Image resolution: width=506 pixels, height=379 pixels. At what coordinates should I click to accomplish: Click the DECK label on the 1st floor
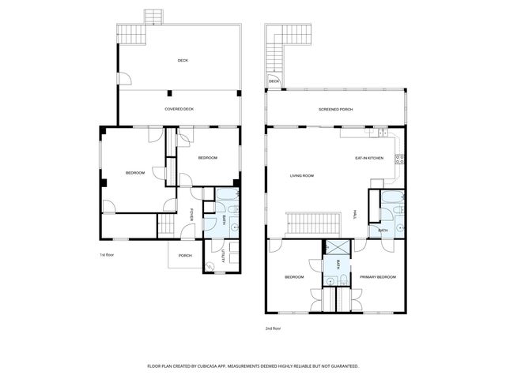pos(183,60)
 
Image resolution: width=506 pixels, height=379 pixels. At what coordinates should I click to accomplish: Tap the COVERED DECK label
pos(179,109)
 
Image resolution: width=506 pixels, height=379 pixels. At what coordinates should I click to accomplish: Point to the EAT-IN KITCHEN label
pos(369,159)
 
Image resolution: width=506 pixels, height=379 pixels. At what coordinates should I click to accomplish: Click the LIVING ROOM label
pos(302,175)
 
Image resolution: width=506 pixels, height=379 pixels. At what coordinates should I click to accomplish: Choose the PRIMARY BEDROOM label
pos(378,277)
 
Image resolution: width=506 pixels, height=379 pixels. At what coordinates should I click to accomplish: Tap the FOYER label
pos(192,214)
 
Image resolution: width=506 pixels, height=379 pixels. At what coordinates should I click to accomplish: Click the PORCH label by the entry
pos(185,255)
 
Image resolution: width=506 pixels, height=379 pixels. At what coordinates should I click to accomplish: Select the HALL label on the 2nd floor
pos(356,214)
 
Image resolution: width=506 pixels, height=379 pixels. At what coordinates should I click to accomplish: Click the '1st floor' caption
pos(107,255)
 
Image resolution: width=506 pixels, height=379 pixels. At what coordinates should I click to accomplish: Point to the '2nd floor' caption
pos(273,328)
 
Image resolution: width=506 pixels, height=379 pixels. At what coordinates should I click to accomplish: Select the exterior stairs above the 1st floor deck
pos(153,17)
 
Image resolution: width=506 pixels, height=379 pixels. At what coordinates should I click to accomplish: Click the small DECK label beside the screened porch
pos(274,81)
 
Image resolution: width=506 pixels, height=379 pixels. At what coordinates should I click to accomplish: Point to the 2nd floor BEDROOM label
pos(294,277)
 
